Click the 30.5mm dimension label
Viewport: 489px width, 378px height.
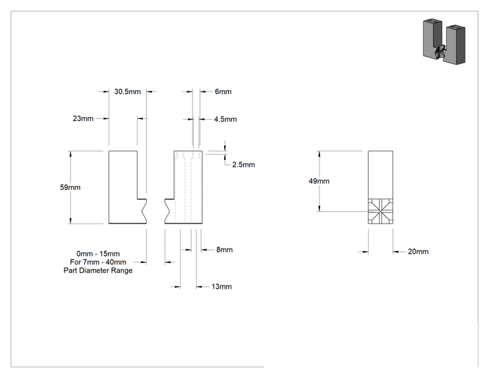[128, 91]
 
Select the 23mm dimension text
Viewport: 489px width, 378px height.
[83, 118]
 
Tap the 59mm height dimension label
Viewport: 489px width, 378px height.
[70, 187]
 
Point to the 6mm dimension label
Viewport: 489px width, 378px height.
[223, 91]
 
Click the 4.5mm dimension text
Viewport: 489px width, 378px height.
[225, 119]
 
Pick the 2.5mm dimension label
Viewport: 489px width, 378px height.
[244, 164]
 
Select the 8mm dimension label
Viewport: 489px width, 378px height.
[225, 250]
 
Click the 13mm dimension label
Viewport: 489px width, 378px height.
[221, 287]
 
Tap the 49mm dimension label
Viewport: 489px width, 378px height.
[319, 181]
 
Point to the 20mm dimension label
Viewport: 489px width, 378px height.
[418, 252]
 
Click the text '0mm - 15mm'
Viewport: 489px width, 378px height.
[98, 254]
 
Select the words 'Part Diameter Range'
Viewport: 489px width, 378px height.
[98, 270]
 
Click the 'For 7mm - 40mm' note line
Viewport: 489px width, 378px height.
[98, 262]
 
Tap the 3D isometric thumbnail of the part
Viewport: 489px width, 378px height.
[444, 41]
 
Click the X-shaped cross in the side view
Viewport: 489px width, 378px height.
[381, 212]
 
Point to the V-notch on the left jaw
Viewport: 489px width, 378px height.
[144, 211]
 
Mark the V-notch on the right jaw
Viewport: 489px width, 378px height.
[167, 211]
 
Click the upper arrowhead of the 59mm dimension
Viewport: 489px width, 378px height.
[70, 153]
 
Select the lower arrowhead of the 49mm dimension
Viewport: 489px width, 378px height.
[319, 208]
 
